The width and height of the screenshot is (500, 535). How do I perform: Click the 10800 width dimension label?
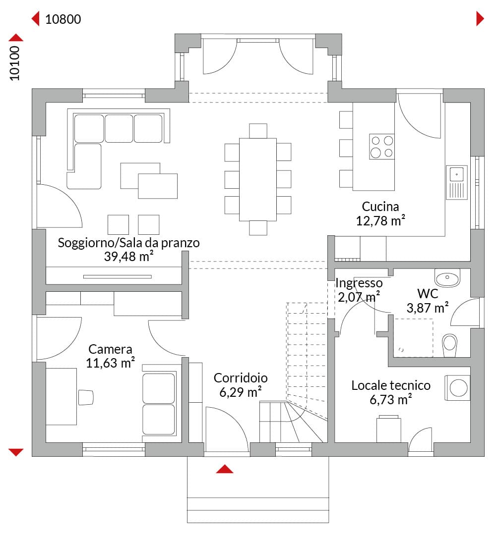click(x=63, y=19)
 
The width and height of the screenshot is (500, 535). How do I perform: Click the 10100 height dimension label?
click(x=15, y=63)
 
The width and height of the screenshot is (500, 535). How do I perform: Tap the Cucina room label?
click(x=380, y=207)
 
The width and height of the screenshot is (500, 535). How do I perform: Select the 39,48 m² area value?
click(x=128, y=256)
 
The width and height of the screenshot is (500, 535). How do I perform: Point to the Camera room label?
click(x=110, y=349)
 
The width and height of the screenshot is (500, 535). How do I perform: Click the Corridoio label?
click(x=241, y=377)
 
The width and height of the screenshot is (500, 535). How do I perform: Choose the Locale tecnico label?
click(x=391, y=385)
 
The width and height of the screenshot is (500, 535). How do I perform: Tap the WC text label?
click(x=428, y=293)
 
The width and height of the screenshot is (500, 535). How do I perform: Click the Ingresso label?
click(x=359, y=283)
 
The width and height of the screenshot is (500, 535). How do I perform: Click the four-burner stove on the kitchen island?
click(x=382, y=147)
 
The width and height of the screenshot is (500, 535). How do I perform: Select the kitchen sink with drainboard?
click(x=456, y=182)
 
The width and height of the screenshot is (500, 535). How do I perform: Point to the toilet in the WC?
click(x=449, y=345)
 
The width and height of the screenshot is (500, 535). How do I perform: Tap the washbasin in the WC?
click(x=447, y=278)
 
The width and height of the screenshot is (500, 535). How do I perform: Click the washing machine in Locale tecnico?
click(x=457, y=387)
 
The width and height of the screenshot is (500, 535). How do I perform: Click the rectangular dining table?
click(x=258, y=179)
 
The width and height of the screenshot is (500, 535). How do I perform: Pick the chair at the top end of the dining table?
click(x=258, y=131)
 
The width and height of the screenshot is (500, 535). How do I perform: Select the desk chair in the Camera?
click(x=86, y=397)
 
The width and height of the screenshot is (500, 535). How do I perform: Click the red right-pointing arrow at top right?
click(x=480, y=18)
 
